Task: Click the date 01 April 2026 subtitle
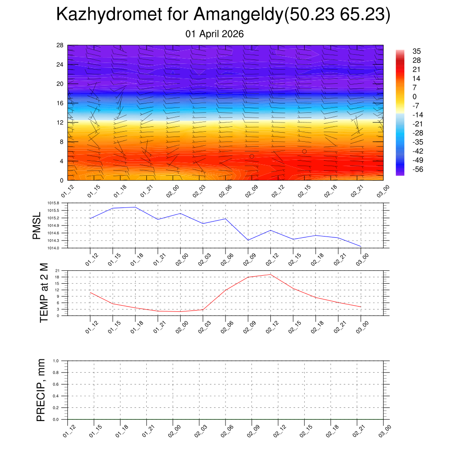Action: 215,34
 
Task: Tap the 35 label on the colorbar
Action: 417,51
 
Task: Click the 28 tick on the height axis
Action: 60,45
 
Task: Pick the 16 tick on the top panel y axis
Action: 60,103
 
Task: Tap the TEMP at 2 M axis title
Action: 44,293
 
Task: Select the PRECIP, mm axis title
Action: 41,390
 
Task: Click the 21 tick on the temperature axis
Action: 57,270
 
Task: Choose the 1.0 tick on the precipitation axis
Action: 56,360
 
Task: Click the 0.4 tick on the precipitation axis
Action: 56,396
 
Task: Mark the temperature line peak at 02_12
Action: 270,274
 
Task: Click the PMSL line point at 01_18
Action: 135,207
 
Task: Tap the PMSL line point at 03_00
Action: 361,246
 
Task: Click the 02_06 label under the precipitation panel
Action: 226,433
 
